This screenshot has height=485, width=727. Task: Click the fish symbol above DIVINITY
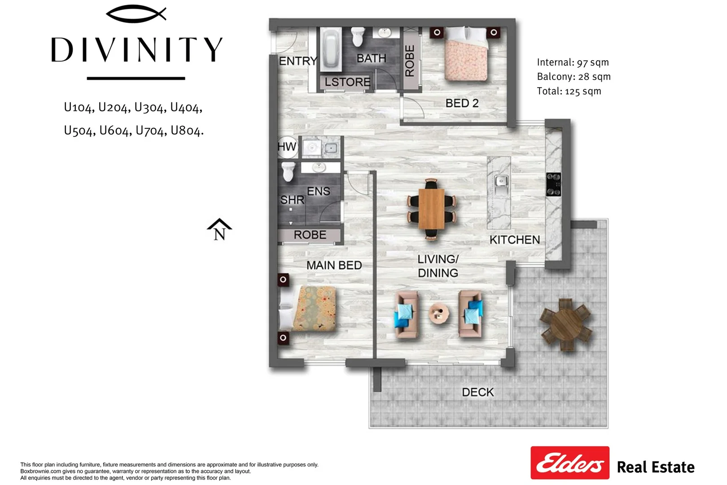(x=136, y=14)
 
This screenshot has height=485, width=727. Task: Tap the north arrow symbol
(x=219, y=229)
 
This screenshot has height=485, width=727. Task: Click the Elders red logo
(x=569, y=463)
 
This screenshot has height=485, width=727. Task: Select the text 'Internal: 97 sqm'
(x=573, y=62)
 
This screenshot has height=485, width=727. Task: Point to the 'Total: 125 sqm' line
(x=569, y=91)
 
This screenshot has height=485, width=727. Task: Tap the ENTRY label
(x=298, y=61)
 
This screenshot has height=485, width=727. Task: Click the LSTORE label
(x=347, y=82)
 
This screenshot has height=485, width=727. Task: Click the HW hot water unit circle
(x=287, y=146)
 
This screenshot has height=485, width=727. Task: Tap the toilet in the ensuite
(x=288, y=171)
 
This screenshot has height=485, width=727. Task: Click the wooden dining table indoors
(x=431, y=209)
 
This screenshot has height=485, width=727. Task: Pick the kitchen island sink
(x=501, y=181)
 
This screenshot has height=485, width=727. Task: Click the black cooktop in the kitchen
(x=553, y=184)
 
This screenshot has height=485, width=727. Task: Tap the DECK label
(x=477, y=392)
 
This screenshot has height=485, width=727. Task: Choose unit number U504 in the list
(x=80, y=131)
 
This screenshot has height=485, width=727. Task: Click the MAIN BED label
(x=334, y=265)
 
